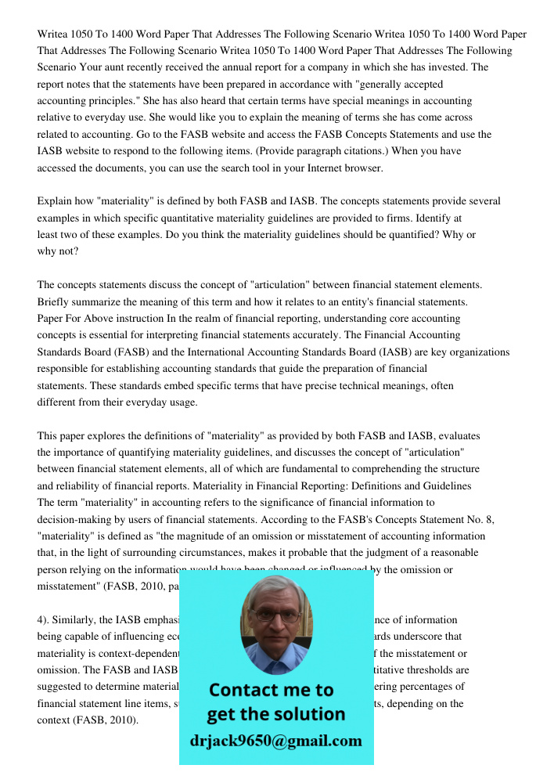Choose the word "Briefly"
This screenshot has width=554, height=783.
[55, 301]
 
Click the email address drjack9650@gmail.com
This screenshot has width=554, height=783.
[276, 741]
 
